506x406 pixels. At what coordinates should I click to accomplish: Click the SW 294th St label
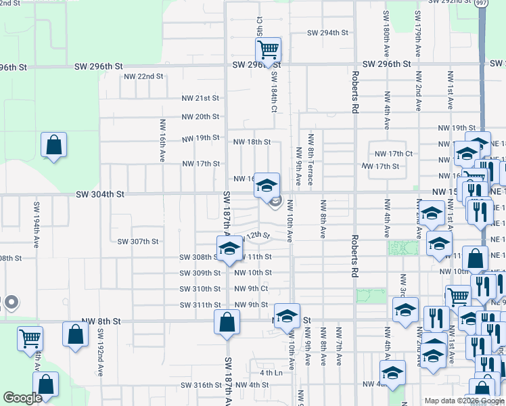point(327,32)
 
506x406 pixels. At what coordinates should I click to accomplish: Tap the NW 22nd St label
point(143,76)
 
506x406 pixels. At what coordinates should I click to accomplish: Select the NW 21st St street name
point(200,98)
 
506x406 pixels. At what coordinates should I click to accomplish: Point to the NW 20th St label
point(200,116)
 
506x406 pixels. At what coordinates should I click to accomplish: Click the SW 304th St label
point(100,194)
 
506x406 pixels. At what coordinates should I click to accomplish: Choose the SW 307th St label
point(137,242)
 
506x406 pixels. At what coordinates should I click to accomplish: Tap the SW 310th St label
point(200,289)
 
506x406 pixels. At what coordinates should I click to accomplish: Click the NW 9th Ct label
point(251,288)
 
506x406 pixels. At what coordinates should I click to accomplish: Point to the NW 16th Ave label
point(162,141)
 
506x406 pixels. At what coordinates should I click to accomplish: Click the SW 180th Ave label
point(386,32)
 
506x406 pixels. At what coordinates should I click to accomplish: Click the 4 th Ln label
point(271,373)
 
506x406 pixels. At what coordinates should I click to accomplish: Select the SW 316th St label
point(201,385)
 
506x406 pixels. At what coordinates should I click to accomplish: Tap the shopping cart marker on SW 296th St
point(268,49)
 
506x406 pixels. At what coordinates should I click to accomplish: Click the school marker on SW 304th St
point(267,184)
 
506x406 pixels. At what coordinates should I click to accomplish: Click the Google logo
point(22,398)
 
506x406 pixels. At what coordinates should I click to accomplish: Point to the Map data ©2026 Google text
point(464,401)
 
